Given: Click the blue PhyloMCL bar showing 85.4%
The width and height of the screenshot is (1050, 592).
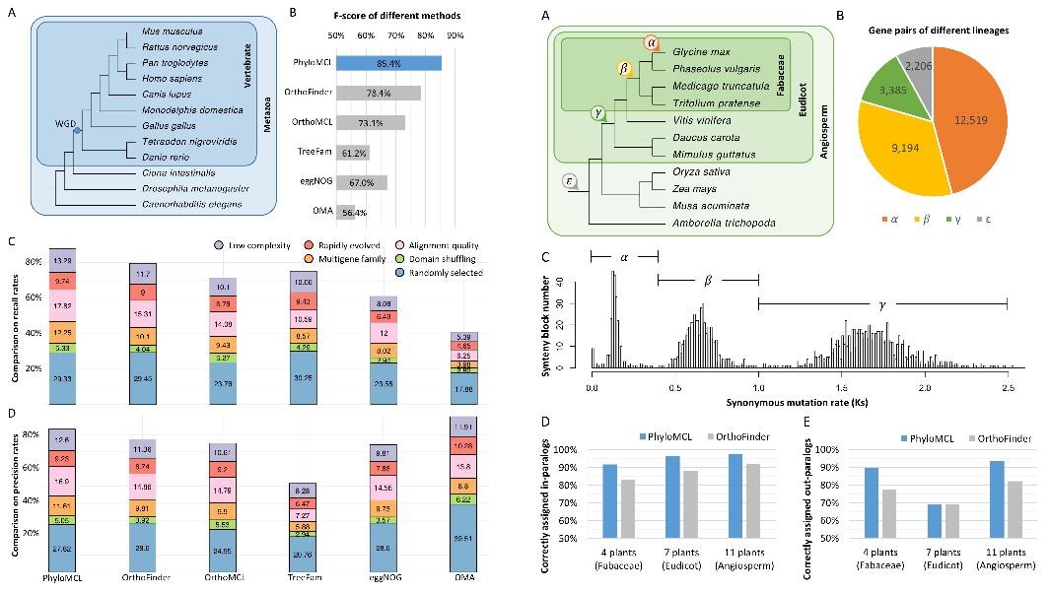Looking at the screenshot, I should [388, 63].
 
